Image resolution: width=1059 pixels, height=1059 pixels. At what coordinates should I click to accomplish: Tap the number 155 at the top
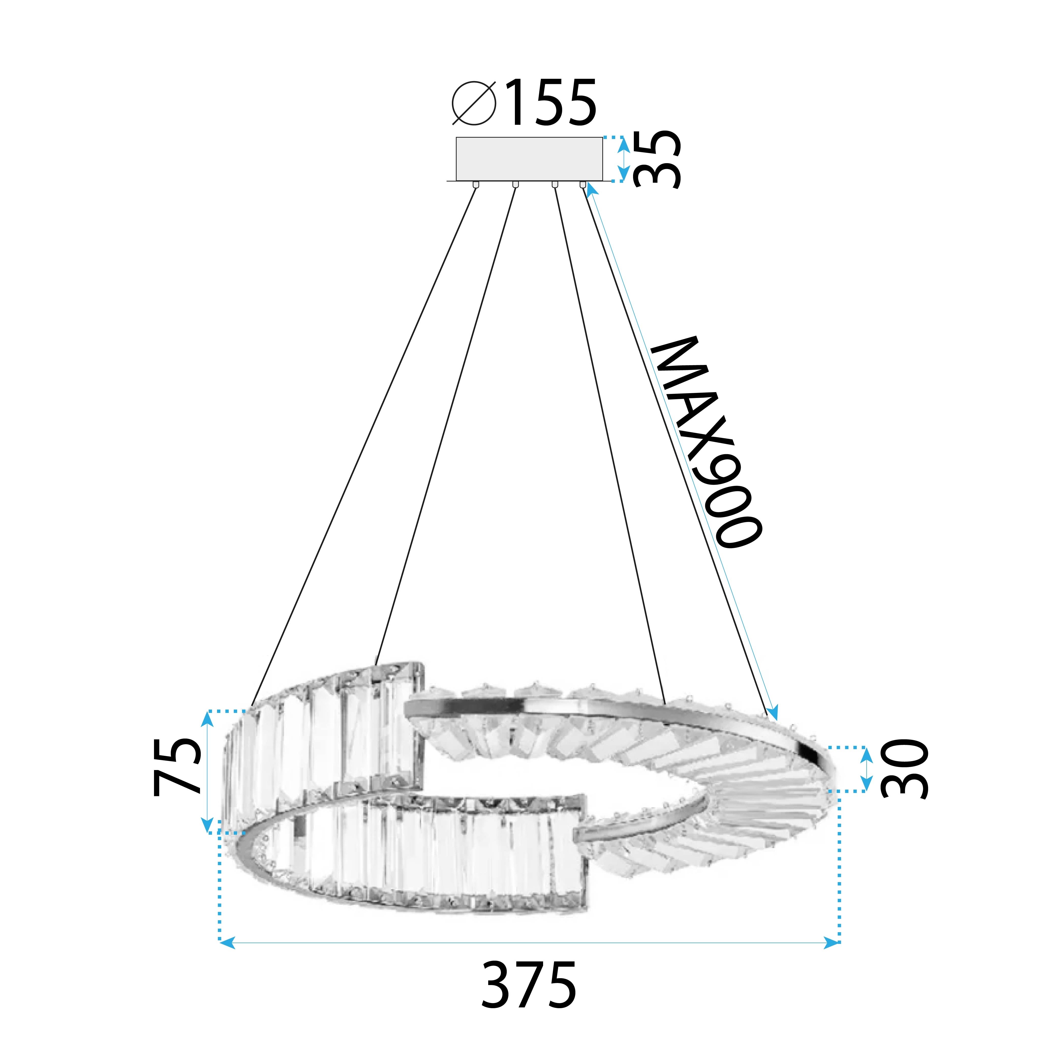(551, 103)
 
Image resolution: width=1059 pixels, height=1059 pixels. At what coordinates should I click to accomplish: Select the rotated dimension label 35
(657, 159)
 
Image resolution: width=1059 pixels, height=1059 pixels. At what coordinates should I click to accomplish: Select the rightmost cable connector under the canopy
(583, 185)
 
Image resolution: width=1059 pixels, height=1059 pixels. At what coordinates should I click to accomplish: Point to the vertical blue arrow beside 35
(623, 159)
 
